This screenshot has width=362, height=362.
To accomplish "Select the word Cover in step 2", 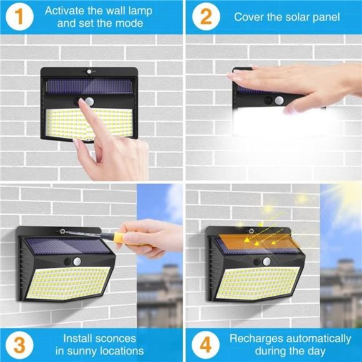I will [x=249, y=17].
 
